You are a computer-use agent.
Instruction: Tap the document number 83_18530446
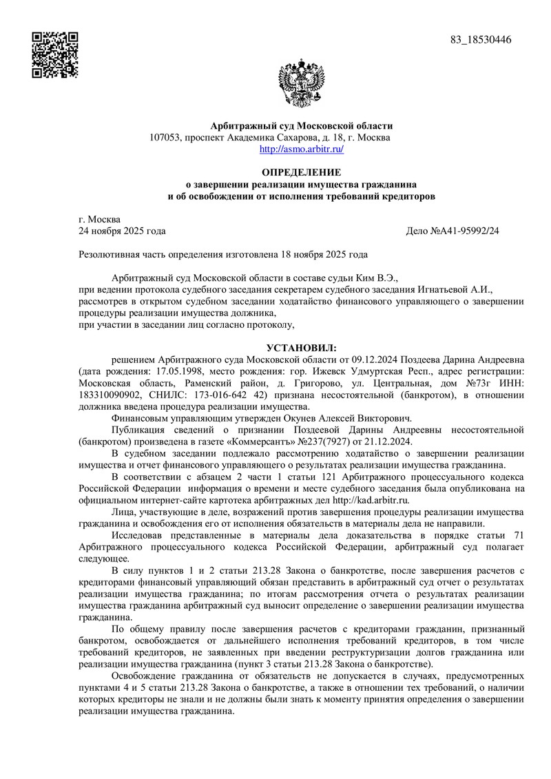click(x=481, y=40)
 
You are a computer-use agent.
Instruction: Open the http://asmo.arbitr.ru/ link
click(x=301, y=149)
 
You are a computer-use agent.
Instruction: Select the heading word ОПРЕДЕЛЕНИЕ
click(x=301, y=172)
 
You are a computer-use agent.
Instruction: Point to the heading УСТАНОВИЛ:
click(x=302, y=348)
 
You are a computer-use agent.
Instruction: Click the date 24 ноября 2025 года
click(x=123, y=231)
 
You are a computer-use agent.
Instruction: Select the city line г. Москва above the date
click(x=100, y=219)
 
